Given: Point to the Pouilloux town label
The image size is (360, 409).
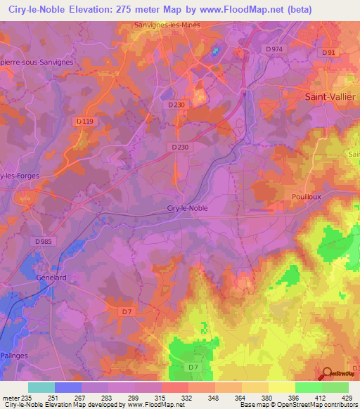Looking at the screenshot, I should (x=306, y=197).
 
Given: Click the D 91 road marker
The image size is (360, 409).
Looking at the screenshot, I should (x=329, y=53).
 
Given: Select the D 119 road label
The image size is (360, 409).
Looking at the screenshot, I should (x=84, y=121).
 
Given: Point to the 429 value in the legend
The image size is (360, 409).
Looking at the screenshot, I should (x=348, y=398).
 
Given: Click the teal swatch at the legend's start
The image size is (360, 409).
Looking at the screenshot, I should (x=41, y=387).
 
